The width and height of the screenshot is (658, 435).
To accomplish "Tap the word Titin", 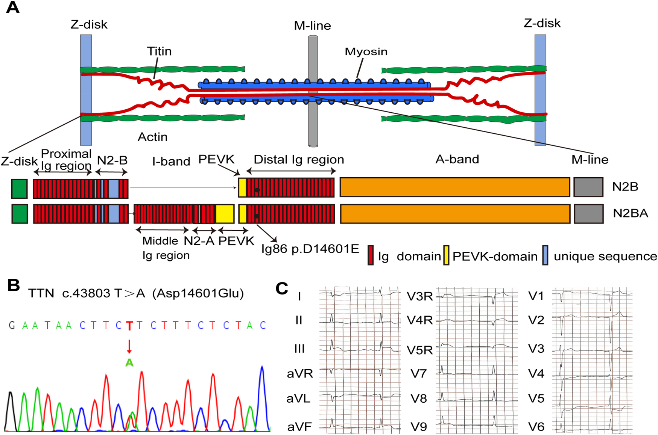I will (x=159, y=51).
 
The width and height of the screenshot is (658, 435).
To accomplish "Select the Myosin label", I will (x=366, y=51).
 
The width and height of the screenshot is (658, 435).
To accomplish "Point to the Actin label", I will (x=152, y=137).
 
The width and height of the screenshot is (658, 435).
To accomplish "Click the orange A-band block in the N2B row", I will (x=454, y=187).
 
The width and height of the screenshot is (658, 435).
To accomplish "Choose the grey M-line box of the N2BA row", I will (x=588, y=214).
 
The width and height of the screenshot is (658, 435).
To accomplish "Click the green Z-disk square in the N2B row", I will (x=19, y=188).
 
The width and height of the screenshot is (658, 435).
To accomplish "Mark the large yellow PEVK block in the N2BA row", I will (x=225, y=214).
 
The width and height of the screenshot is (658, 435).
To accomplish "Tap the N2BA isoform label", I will (x=630, y=213).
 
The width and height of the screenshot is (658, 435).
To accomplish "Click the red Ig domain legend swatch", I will (x=371, y=255).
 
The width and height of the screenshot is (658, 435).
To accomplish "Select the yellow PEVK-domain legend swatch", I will (x=446, y=255).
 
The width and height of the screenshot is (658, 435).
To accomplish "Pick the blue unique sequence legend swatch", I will (x=545, y=255).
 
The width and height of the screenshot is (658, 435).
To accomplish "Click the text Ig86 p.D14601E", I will (x=310, y=249).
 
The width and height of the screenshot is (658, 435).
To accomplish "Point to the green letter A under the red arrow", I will (x=129, y=362).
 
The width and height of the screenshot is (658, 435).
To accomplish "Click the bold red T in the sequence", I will (x=129, y=325).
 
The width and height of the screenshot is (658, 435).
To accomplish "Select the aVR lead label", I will (x=299, y=374).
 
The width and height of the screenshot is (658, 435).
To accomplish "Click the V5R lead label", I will (x=419, y=350).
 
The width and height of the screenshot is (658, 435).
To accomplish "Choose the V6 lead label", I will (x=536, y=427).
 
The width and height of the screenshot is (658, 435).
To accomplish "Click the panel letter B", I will (x=13, y=285).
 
